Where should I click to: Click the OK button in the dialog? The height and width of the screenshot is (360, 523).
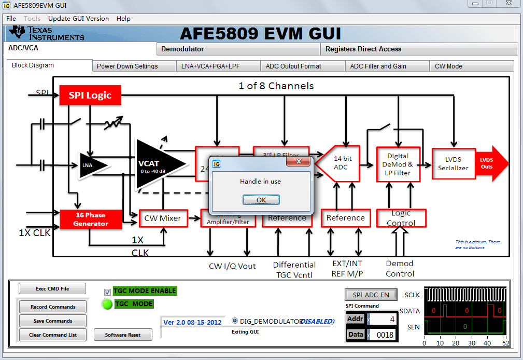(261, 200)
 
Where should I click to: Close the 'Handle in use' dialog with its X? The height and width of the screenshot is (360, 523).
(299, 162)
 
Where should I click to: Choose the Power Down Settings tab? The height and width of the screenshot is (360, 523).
(127, 66)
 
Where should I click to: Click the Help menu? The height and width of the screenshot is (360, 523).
(123, 19)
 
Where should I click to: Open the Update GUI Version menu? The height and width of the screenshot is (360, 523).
(78, 19)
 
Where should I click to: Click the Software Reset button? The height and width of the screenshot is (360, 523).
(123, 335)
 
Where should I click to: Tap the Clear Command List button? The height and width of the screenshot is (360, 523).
(53, 335)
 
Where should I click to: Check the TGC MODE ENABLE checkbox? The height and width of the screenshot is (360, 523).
(107, 292)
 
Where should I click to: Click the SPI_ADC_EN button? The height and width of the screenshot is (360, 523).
(371, 295)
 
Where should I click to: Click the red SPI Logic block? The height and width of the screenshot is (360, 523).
(90, 95)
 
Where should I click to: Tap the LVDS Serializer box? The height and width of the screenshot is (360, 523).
(453, 164)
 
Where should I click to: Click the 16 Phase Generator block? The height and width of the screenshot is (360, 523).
(91, 219)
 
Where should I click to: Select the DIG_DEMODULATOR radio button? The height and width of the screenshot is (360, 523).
(235, 321)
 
